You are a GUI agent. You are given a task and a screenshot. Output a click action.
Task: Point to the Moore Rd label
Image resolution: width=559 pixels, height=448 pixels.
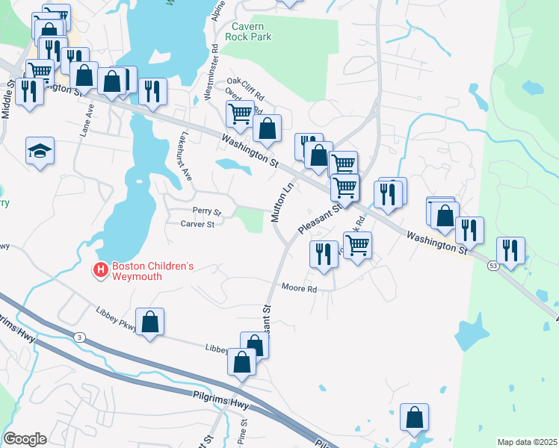pyautogui.click(x=300, y=287)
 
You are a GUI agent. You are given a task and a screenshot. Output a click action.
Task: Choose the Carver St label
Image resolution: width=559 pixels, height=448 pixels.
pyautogui.click(x=198, y=223)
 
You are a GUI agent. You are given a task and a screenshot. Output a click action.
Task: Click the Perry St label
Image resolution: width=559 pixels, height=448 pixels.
pyautogui.click(x=207, y=211)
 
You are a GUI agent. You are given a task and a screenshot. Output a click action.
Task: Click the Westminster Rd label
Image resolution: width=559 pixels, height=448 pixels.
pyautogui.click(x=214, y=72)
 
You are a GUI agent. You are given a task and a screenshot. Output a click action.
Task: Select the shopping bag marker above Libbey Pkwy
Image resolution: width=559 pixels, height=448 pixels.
pyautogui.click(x=149, y=323)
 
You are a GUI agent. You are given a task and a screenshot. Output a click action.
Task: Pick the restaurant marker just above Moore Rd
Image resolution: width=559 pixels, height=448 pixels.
pyautogui.click(x=323, y=254)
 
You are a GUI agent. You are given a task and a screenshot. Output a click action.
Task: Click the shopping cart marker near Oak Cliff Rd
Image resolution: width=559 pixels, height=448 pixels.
pyautogui.click(x=240, y=114)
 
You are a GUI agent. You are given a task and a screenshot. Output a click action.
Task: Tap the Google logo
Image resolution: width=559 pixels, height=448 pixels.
pyautogui.click(x=25, y=439)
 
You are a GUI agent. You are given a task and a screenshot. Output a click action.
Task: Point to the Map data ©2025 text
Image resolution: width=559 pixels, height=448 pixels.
pyautogui.click(x=526, y=442)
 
